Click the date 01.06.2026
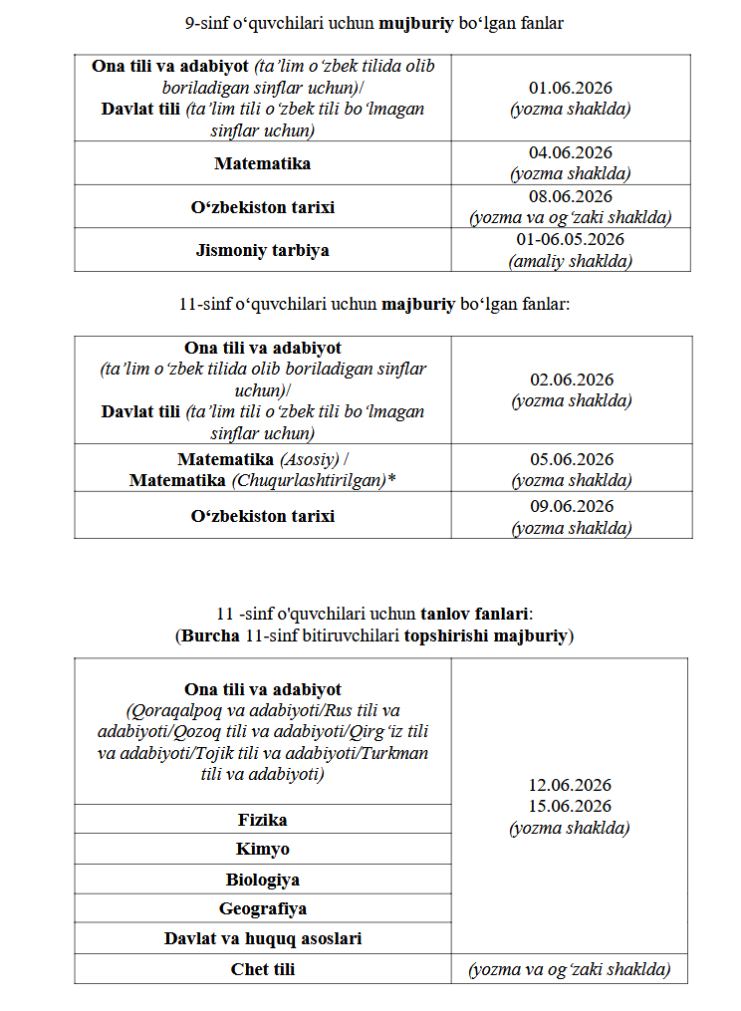click(x=571, y=90)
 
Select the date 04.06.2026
click(x=571, y=153)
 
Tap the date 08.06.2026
click(x=571, y=197)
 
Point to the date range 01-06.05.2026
click(x=571, y=240)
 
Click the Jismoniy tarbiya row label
click(x=262, y=250)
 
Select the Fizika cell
click(x=262, y=820)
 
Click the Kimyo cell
click(x=262, y=850)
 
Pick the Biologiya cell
click(x=262, y=880)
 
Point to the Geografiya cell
click(x=262, y=908)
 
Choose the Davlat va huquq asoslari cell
click(x=262, y=938)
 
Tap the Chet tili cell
click(x=262, y=968)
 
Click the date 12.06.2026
click(x=571, y=786)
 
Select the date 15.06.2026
click(x=571, y=806)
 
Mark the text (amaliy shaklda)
click(x=571, y=261)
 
